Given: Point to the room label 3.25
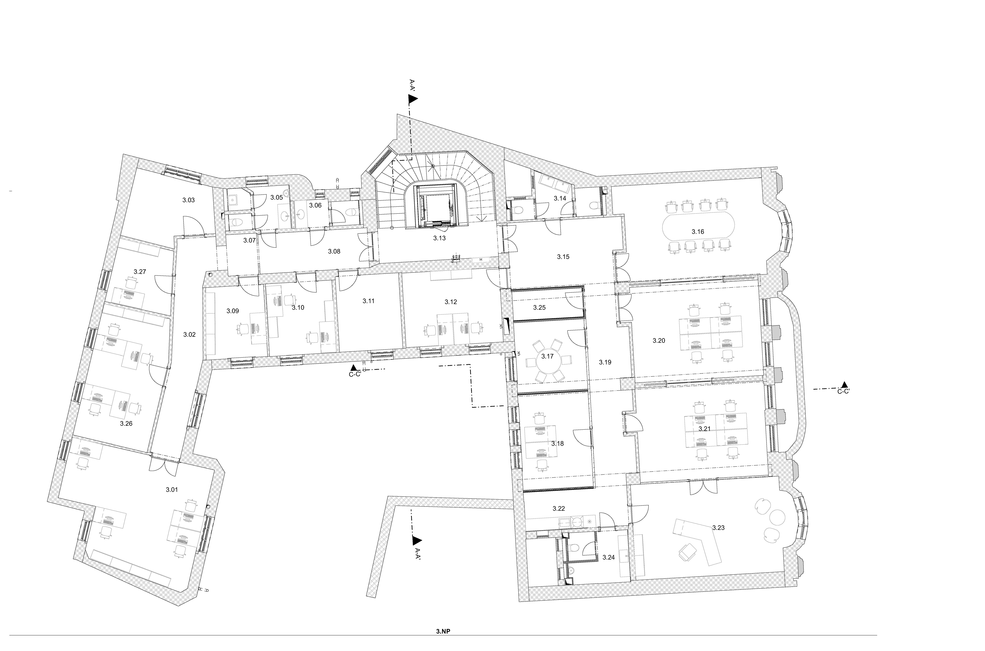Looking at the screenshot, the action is [x=539, y=308].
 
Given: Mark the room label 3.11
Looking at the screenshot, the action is [x=369, y=301].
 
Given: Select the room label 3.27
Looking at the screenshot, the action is [x=140, y=272].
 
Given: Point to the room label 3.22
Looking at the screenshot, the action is [x=559, y=508].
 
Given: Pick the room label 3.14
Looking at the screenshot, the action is [x=560, y=198].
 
